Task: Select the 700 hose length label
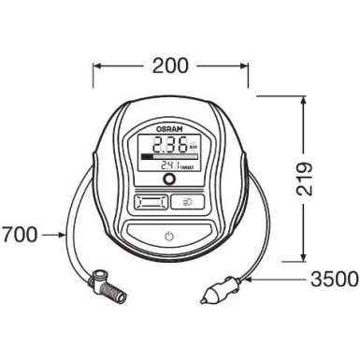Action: [20, 235]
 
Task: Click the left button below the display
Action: [150, 201]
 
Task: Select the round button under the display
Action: [169, 180]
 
